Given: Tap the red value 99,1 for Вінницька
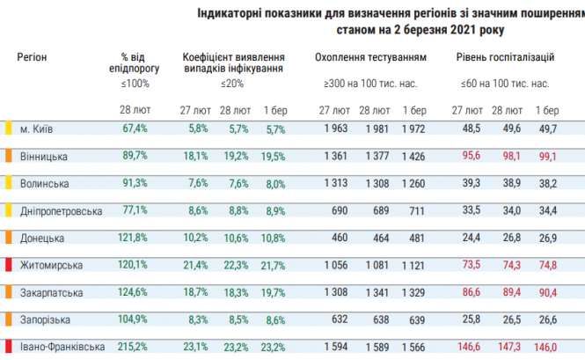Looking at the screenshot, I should click(x=545, y=156).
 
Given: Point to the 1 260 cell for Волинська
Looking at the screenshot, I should click(x=413, y=183).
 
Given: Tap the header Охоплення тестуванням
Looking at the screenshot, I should click(x=370, y=56).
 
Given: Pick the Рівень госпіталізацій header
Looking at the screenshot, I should click(x=505, y=56).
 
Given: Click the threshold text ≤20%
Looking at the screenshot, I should click(x=232, y=84).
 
